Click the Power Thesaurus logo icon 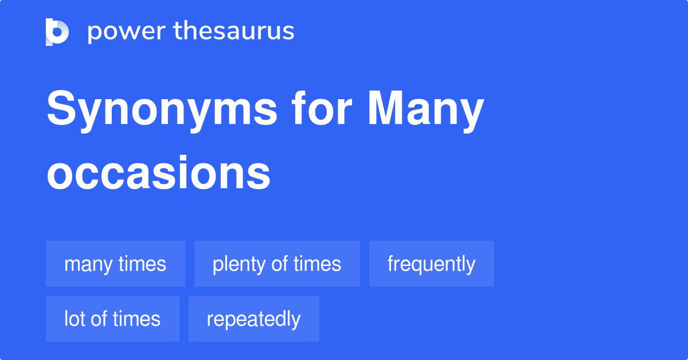[57, 32]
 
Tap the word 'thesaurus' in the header [234, 32]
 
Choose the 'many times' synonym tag [115, 264]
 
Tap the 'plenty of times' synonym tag [277, 264]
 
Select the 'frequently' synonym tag [431, 264]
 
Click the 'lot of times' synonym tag [112, 319]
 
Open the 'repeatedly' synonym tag [253, 319]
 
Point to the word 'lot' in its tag [73, 319]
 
